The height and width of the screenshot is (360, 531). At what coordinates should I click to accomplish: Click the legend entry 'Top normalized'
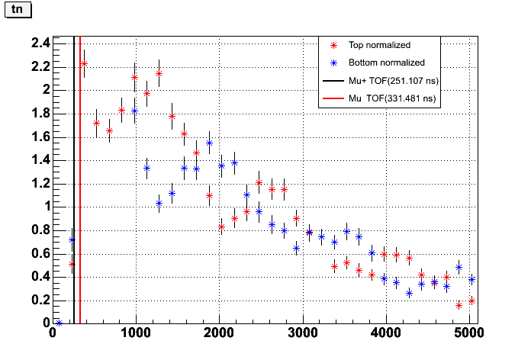click(379, 45)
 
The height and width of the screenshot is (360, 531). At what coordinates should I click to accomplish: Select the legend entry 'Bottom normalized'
click(386, 63)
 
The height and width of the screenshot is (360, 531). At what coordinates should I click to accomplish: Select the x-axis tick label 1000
click(135, 333)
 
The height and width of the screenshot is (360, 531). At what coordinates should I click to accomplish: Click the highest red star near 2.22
click(84, 64)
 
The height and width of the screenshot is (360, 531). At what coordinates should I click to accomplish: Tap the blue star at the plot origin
click(59, 323)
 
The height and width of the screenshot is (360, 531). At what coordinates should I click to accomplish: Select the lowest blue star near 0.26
click(409, 293)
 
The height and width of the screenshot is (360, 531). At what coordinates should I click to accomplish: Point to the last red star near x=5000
click(472, 301)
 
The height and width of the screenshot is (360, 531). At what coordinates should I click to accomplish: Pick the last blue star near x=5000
click(471, 279)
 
